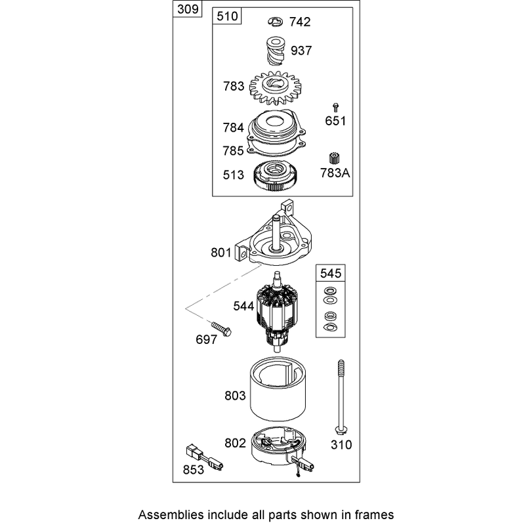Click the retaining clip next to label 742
(276, 22)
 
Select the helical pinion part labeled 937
(275, 52)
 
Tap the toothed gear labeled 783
(275, 88)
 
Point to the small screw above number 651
(335, 108)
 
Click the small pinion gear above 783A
(334, 158)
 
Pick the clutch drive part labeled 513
(276, 175)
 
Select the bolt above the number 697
(221, 329)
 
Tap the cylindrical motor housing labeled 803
(278, 389)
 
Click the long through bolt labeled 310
(341, 398)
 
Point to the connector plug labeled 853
(204, 456)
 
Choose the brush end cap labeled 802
(282, 449)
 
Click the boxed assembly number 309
(188, 9)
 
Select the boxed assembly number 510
(227, 16)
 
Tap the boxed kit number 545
(331, 273)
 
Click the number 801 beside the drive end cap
(221, 253)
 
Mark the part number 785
(234, 151)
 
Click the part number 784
(234, 127)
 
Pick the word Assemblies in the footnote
(171, 514)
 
